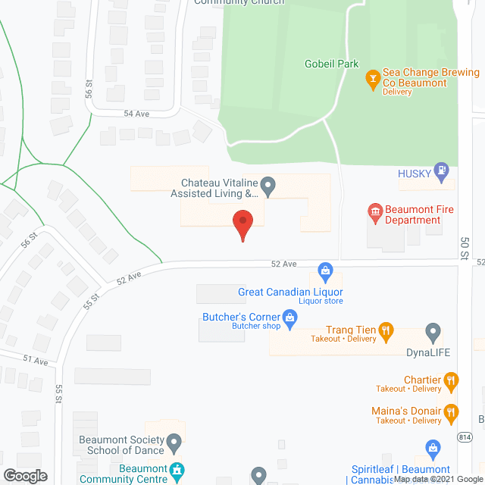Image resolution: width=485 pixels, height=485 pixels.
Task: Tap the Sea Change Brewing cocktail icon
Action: tap(372, 77)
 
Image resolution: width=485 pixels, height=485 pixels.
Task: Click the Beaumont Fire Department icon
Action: tap(374, 211)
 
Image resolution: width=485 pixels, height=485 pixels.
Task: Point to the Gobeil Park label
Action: tap(331, 64)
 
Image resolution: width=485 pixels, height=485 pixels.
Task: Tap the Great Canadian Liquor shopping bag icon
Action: tap(325, 270)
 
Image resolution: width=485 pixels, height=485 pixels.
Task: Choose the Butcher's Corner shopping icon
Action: tap(289, 316)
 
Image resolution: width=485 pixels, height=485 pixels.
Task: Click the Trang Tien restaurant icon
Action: tap(386, 330)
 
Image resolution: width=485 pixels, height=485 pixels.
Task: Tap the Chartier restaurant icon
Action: tap(451, 380)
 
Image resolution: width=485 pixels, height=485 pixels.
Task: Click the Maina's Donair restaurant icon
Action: tap(451, 411)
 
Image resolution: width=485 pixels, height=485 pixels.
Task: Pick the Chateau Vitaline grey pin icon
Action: tap(267, 184)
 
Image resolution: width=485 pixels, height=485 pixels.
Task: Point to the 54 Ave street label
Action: tap(137, 113)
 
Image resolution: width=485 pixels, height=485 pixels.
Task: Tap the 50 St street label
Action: tap(465, 247)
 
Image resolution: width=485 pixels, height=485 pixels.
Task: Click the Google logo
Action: tap(25, 475)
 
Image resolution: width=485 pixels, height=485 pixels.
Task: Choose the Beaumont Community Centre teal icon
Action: tap(177, 471)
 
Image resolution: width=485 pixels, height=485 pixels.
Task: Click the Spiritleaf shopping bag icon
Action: tap(433, 449)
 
